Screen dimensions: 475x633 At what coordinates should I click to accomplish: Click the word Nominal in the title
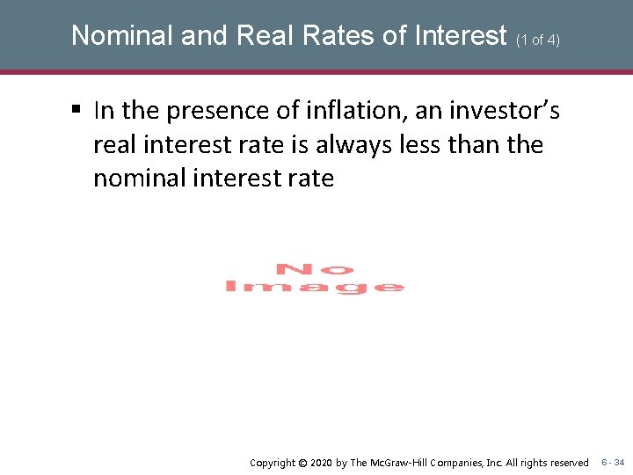click(124, 35)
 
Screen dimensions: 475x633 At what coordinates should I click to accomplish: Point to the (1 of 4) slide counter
click(538, 39)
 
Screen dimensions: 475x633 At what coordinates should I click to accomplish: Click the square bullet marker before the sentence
click(76, 111)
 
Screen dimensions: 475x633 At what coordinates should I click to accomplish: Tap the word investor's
click(505, 111)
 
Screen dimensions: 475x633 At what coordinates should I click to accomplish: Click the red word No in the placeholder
click(315, 269)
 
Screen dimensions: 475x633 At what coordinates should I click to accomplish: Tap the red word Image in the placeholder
click(315, 287)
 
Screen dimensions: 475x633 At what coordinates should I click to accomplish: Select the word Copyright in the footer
click(273, 463)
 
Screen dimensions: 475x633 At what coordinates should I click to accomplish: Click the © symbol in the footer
click(302, 463)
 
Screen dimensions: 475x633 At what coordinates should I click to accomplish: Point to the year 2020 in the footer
click(322, 463)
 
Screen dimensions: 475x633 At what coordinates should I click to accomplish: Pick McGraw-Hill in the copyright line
click(400, 463)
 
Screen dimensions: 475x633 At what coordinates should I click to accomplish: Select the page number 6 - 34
click(613, 463)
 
